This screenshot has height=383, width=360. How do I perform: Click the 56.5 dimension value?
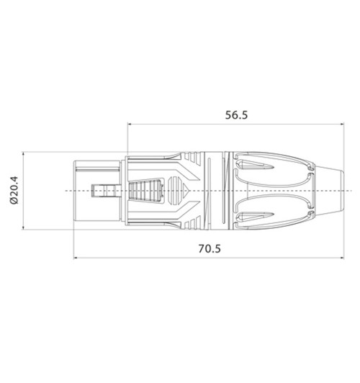pyautogui.click(x=236, y=115)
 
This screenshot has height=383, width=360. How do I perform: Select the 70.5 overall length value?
pyautogui.click(x=210, y=248)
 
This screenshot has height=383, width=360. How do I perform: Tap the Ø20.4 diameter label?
pyautogui.click(x=14, y=190)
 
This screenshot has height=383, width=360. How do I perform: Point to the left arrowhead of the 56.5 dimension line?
pyautogui.click(x=130, y=124)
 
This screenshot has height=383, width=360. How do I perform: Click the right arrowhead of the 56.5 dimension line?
pyautogui.click(x=342, y=124)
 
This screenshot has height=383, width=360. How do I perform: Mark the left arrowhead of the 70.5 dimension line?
pyautogui.click(x=76, y=258)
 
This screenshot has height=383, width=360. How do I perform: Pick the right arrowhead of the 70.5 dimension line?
pyautogui.click(x=342, y=258)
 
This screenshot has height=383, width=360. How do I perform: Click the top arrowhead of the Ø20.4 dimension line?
pyautogui.click(x=23, y=154)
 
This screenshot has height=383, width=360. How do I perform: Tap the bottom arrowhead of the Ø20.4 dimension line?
pyautogui.click(x=23, y=227)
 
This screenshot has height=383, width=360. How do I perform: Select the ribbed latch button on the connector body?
pyautogui.click(x=145, y=191)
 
